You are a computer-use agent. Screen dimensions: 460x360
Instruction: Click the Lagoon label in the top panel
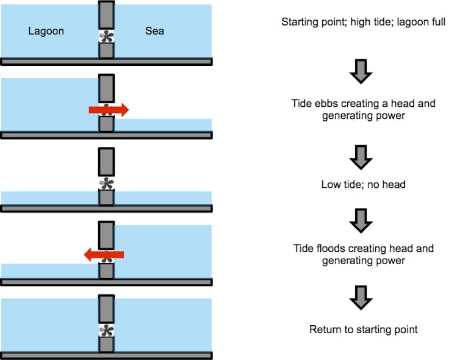(x=46, y=31)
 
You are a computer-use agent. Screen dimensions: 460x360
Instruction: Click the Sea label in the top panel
(x=154, y=31)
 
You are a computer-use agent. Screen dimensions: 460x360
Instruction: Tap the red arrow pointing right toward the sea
(x=109, y=110)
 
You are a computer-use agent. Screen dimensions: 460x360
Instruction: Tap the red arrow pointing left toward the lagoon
(x=104, y=254)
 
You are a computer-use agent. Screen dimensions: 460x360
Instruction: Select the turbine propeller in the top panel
(x=106, y=37)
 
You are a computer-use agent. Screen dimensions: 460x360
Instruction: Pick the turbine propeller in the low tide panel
(x=106, y=184)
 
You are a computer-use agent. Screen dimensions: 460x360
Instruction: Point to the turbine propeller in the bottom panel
(x=106, y=331)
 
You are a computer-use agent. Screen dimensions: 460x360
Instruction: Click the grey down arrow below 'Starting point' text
(x=361, y=71)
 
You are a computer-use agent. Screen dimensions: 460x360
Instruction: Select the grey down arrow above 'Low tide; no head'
(x=361, y=157)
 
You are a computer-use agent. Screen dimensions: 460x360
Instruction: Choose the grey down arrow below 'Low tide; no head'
(x=361, y=221)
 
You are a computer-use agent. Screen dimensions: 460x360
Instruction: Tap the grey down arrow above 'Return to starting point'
(x=361, y=298)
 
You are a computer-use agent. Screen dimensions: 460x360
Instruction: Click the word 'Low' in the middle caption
(x=330, y=184)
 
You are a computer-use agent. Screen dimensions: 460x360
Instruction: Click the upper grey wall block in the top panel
(x=106, y=15)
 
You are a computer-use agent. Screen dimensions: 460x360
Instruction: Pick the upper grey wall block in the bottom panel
(x=106, y=309)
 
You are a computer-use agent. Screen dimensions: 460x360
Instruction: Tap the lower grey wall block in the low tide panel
(x=106, y=198)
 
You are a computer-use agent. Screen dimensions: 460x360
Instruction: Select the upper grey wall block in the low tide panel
(x=106, y=162)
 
